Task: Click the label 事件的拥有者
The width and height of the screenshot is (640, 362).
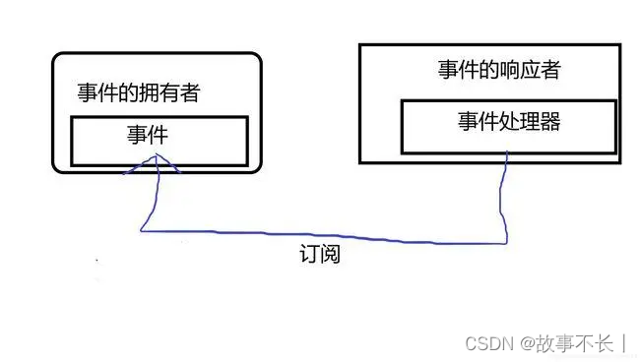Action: tap(138, 93)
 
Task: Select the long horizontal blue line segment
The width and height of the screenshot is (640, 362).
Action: tap(325, 236)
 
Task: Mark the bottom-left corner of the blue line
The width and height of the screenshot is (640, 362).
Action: tap(142, 231)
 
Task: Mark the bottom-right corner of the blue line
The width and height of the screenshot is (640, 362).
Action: tap(507, 240)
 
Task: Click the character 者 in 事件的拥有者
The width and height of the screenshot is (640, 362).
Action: tap(191, 93)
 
